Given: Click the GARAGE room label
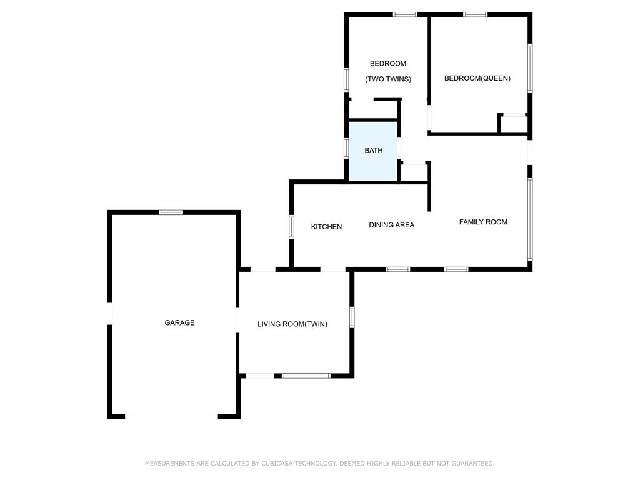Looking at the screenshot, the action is point(179,323).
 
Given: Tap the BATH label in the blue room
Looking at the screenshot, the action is point(374,151).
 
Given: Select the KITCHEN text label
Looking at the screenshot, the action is point(326,227).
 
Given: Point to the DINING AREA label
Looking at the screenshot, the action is point(391,225).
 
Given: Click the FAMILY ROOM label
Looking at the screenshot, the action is point(483,222).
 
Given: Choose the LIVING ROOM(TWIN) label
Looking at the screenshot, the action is point(292,324).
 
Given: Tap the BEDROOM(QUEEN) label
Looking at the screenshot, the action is point(477,78).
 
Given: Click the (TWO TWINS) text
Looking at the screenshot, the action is point(387,79).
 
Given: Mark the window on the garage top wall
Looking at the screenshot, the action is point(171,212).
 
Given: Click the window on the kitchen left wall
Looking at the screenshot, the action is point(291,227).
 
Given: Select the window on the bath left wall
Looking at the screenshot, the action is point(346,147).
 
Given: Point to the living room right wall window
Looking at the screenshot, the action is point(352,317).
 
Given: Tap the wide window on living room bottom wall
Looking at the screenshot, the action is point(306,376).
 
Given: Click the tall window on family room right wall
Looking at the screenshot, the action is point(530,219).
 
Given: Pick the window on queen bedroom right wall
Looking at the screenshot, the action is point(530,68).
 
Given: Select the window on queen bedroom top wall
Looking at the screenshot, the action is point(476,15).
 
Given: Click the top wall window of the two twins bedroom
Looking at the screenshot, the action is point(405,15).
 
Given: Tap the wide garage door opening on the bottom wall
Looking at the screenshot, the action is point(171,417).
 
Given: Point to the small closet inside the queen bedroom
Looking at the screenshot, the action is point(514,124).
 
